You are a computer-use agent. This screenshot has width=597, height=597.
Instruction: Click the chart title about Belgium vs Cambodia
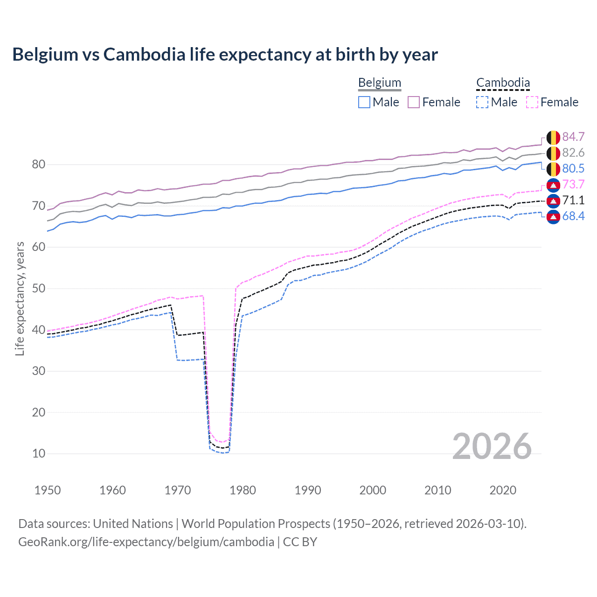tap(225, 55)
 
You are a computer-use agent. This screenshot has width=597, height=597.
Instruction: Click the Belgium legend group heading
tap(379, 83)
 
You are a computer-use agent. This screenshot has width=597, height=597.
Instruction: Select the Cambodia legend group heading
tap(503, 83)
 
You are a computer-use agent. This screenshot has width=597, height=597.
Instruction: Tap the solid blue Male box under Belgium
tap(364, 102)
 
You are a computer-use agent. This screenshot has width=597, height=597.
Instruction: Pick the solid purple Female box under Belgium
tap(414, 102)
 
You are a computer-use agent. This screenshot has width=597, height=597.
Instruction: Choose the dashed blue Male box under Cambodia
tap(482, 102)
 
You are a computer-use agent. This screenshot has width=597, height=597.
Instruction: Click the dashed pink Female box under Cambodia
tap(532, 102)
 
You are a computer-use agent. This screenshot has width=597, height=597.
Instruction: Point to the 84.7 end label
tap(573, 137)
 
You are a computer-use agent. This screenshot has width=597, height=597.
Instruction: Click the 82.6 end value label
tap(573, 153)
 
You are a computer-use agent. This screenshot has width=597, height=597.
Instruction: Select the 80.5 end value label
tap(573, 168)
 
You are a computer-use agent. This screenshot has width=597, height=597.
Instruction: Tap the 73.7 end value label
tap(573, 184)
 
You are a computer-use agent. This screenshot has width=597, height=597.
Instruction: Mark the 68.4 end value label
tap(573, 216)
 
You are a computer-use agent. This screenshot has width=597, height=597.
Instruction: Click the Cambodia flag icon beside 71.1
tap(553, 201)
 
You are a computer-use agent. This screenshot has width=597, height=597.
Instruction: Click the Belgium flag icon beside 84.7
tap(553, 137)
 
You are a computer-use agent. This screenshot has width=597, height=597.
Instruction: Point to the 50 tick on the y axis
tap(38, 288)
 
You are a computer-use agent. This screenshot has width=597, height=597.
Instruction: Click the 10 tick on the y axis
tap(38, 453)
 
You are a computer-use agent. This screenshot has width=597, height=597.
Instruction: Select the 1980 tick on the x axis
tap(243, 490)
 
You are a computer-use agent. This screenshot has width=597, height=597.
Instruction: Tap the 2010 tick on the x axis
tap(437, 490)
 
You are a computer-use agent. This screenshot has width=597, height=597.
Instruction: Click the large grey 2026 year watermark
tap(492, 446)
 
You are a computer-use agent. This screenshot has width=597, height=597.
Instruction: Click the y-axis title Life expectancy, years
tap(20, 298)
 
